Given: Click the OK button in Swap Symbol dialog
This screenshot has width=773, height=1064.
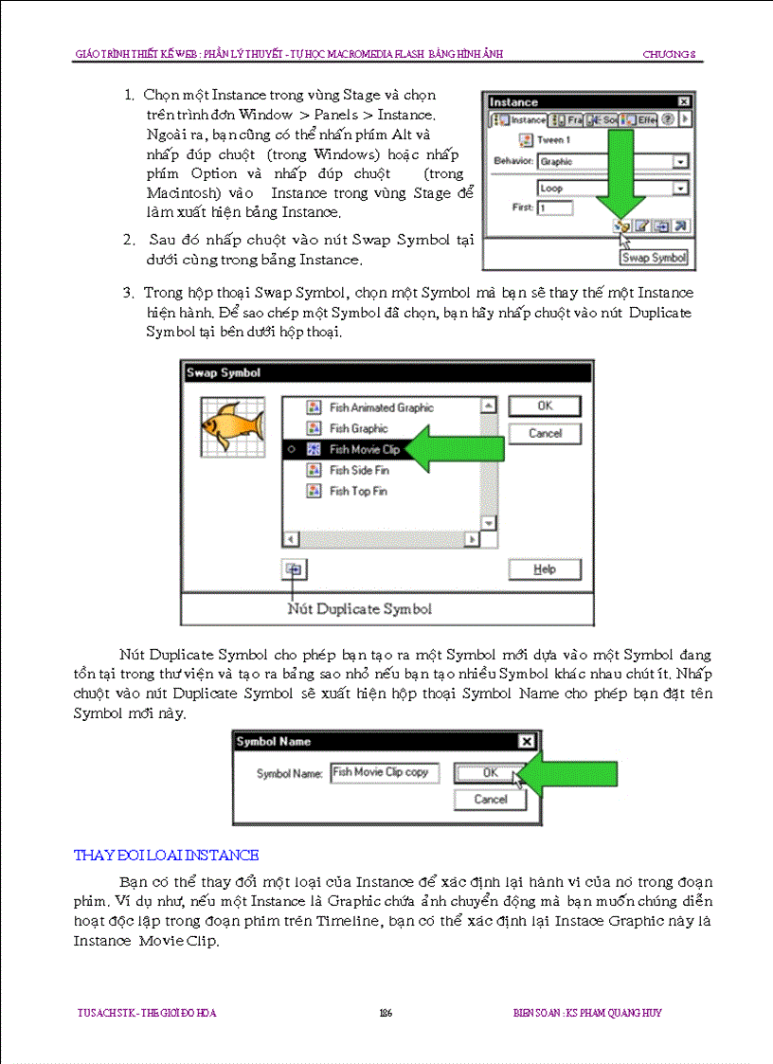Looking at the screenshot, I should point(545,406).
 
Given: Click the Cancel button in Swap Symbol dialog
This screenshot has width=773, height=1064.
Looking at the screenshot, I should point(545,434).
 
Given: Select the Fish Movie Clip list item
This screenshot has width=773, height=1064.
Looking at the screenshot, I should point(364,449).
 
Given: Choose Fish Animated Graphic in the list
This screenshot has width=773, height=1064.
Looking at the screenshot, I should point(381,407).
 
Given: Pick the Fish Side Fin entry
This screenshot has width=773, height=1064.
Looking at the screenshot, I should point(358,470).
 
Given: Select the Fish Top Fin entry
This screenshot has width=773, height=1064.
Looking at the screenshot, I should point(358,491).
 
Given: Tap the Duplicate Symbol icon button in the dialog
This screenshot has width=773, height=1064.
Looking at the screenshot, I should point(294,569).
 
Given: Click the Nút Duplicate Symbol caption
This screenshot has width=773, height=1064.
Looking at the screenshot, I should point(359,608).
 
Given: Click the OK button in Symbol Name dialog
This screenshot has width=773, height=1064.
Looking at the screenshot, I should point(489,773).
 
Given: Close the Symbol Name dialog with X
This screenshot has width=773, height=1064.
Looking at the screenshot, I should point(527,742).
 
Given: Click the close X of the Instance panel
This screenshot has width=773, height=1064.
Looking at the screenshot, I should point(684,101).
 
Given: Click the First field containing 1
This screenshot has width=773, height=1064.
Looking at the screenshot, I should point(554,207).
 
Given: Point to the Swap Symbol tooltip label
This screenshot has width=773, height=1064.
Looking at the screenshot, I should point(654,258).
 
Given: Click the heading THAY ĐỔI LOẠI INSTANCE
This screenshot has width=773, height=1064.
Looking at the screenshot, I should point(166,856).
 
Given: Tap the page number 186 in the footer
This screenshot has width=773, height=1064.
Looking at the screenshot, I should point(386,1013).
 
